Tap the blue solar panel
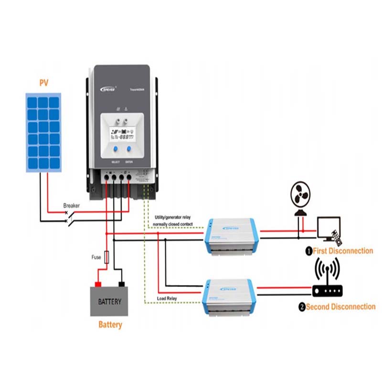click(43, 133)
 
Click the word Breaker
click(72, 206)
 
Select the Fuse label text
click(96, 257)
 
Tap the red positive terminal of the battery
click(98, 284)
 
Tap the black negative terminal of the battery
click(122, 284)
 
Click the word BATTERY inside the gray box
click(110, 302)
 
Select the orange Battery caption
click(110, 325)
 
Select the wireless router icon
click(327, 282)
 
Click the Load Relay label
click(167, 299)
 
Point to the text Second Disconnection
click(340, 307)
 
